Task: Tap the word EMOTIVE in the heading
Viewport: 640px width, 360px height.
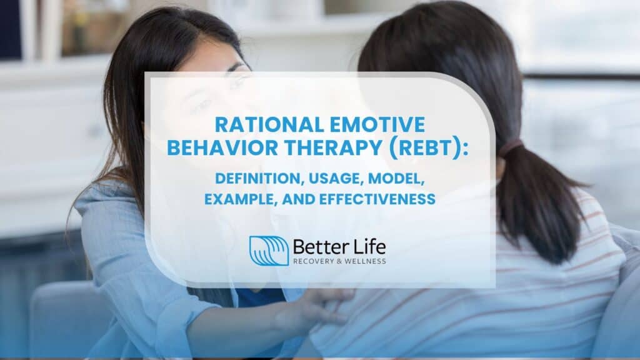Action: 374,125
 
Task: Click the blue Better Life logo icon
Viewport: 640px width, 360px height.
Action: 269,250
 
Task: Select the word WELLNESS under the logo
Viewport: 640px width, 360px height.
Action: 368,261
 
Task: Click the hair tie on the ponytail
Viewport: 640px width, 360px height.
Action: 509,149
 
